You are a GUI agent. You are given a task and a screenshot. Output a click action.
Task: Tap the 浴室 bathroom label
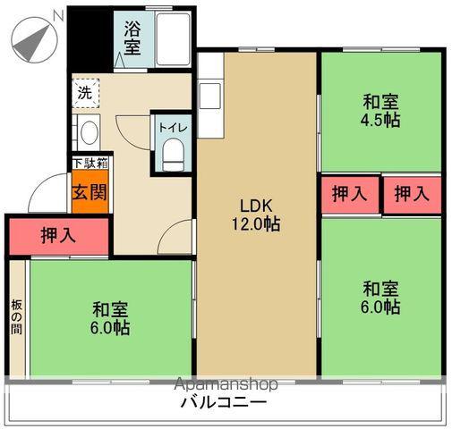tap(132, 37)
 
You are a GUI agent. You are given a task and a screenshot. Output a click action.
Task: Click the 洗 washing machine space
tap(85, 92)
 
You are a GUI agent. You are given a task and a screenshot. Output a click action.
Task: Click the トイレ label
tap(171, 127)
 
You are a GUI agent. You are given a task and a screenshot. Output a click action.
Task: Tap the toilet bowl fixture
tap(172, 154)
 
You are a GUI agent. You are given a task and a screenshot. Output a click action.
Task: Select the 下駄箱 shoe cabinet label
tap(90, 164)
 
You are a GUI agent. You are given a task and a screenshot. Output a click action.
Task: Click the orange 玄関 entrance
tap(90, 193)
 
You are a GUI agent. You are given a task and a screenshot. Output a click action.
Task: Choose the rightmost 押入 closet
tap(411, 194)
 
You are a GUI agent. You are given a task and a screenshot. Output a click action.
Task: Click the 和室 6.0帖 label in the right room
tap(381, 298)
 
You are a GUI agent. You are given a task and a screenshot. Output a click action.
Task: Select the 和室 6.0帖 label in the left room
tap(111, 319)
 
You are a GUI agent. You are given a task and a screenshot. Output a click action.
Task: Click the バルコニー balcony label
tap(224, 403)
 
